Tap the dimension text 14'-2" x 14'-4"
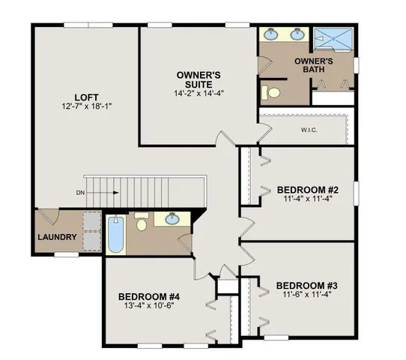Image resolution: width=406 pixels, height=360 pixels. (200, 93)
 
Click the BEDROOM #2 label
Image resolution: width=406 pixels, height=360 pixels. (308, 189)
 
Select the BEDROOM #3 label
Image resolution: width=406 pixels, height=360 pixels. (308, 286)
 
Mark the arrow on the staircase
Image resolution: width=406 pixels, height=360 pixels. (105, 193)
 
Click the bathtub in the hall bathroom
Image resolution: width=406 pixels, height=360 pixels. (115, 235)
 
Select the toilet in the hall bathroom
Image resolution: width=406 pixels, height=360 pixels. (142, 221)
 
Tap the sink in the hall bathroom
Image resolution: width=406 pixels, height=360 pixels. (173, 219)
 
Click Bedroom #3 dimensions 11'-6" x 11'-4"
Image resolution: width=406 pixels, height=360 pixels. (308, 295)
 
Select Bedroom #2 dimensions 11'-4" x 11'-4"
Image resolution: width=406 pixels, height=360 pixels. (308, 199)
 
